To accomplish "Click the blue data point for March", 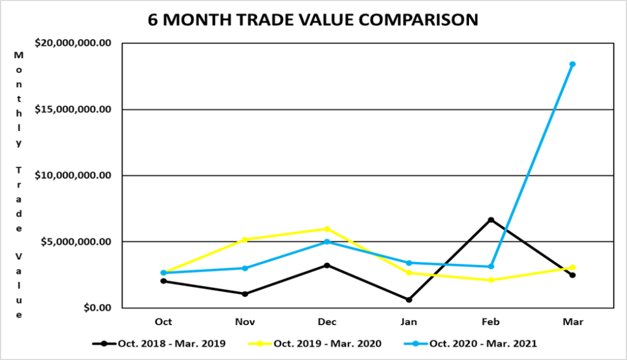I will click(572, 64).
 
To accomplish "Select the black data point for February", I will click(490, 220).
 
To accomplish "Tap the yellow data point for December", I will click(327, 229).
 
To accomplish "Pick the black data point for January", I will click(409, 299).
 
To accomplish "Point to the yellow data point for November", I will click(245, 239).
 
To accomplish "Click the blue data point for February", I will click(490, 266).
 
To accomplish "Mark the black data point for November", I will click(245, 294).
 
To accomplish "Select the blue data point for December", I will click(327, 242).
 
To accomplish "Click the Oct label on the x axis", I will click(163, 322).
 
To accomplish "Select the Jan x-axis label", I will click(409, 322).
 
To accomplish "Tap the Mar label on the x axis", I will click(572, 322).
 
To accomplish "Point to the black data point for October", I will click(163, 281).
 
